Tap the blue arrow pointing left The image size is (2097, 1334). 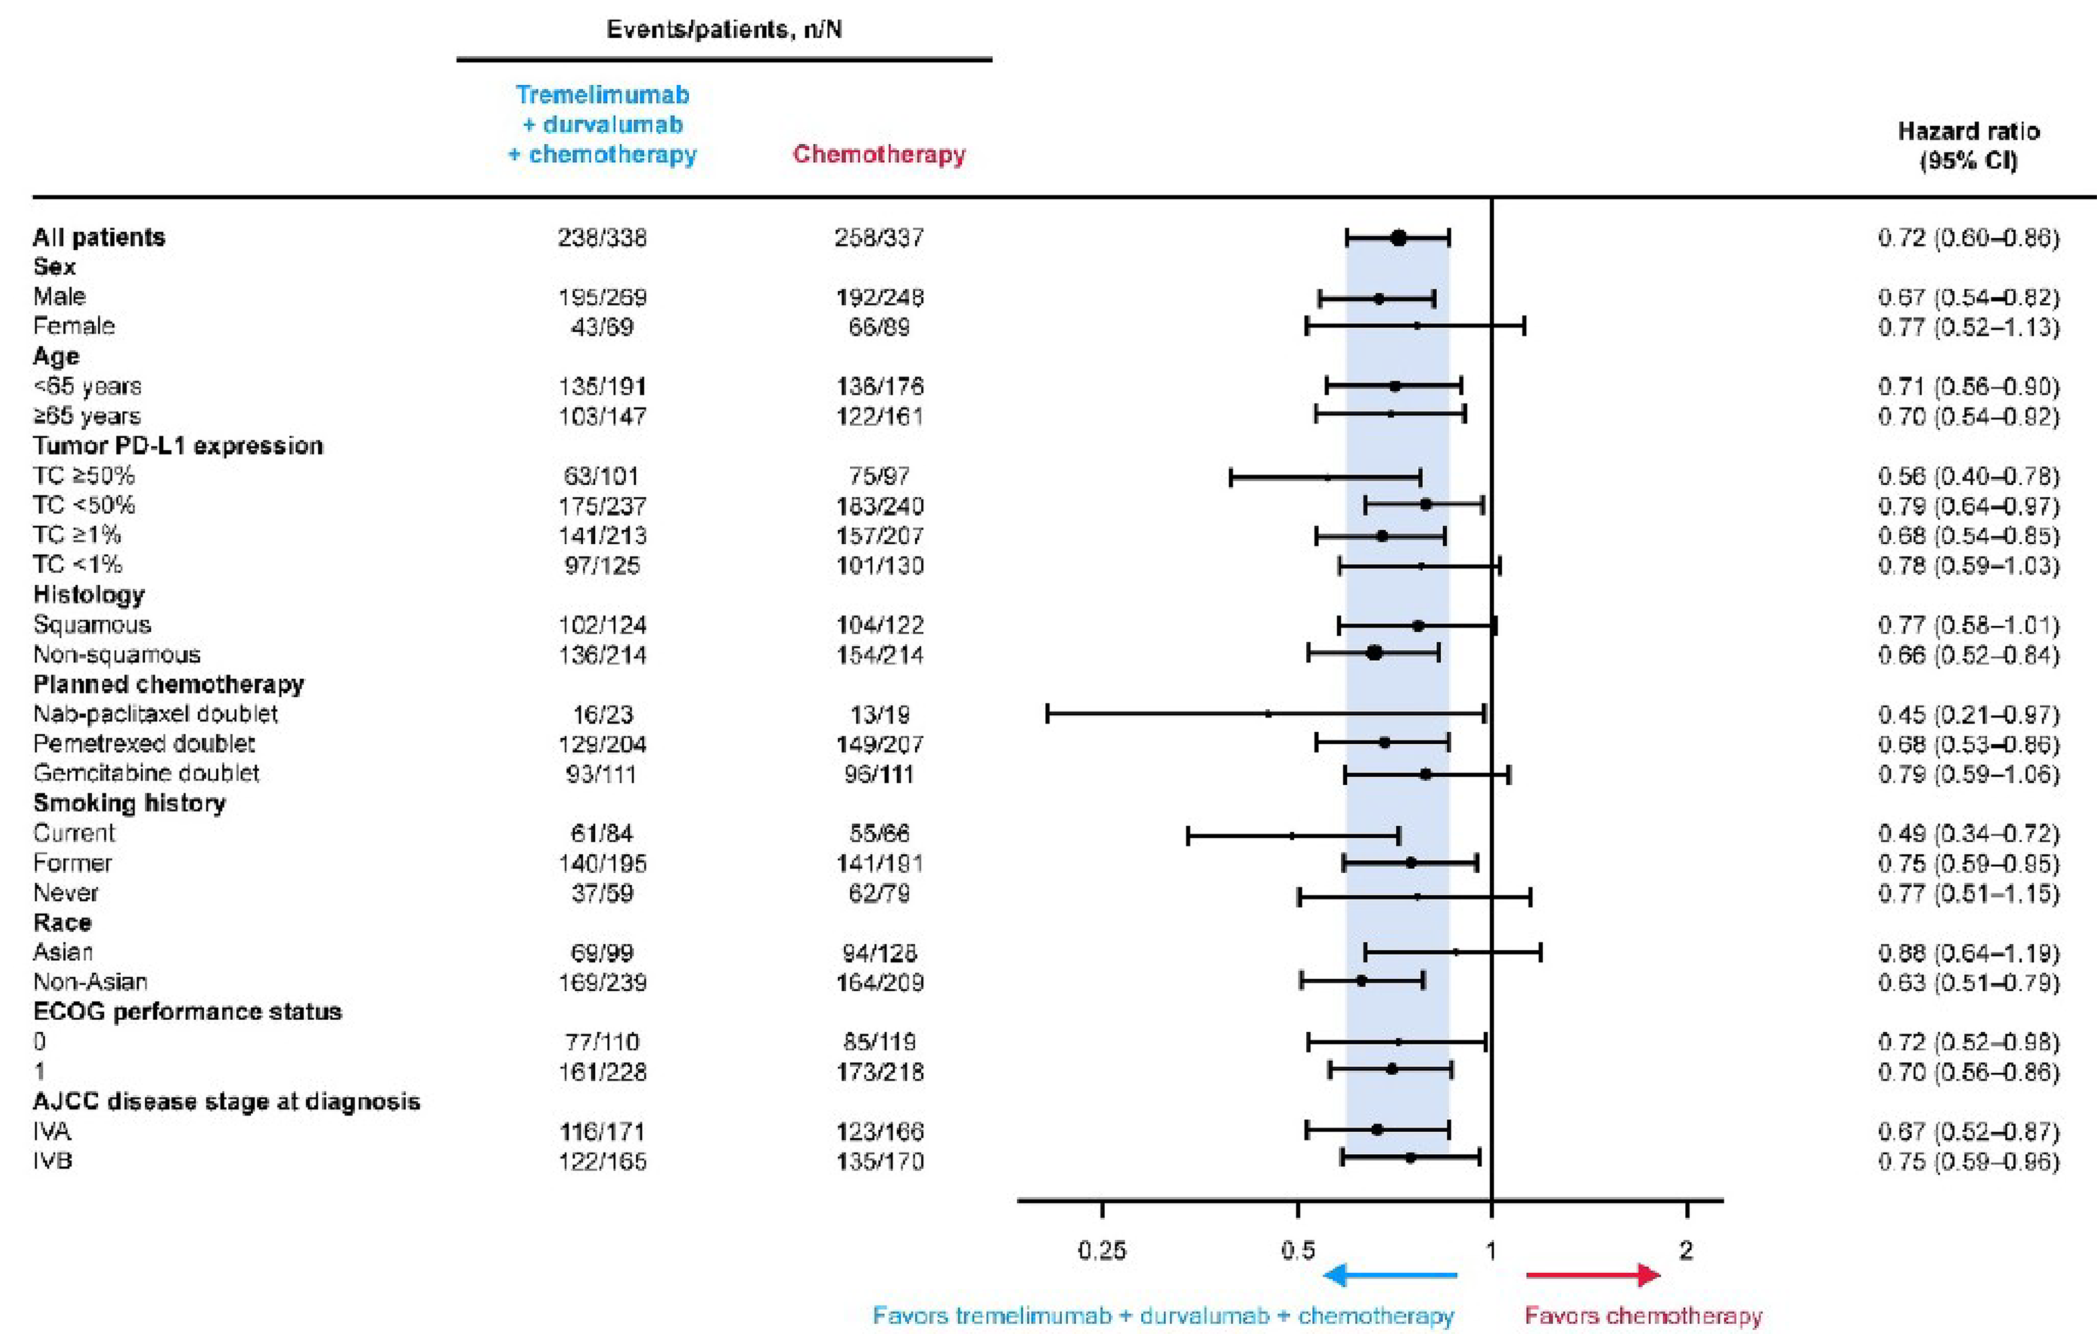coord(1389,1276)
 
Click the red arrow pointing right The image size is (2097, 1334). coord(1594,1276)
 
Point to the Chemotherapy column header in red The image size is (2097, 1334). coord(879,154)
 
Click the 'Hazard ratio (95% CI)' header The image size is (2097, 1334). coord(1968,145)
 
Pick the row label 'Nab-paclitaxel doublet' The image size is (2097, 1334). coord(155,714)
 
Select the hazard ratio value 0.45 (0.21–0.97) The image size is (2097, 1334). coord(1968,714)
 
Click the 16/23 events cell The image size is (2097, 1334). coord(602,714)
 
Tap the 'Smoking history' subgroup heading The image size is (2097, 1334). coord(129,802)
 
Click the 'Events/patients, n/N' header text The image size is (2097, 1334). coord(724,30)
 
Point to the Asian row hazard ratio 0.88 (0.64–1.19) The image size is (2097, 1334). coord(1968,953)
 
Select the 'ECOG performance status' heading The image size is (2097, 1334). coord(187,1012)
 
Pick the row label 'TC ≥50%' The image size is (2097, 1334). coord(84,476)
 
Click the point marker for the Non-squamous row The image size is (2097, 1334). coord(1374,653)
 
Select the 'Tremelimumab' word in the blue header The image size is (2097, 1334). coord(602,94)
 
